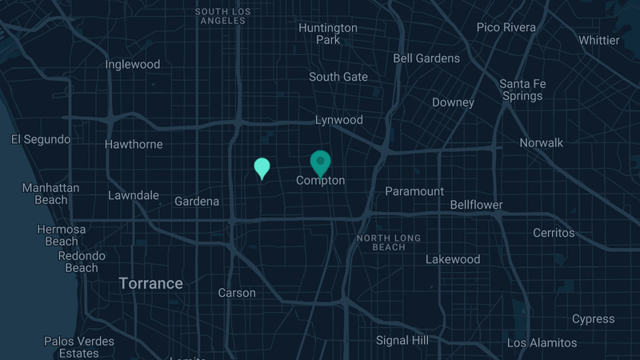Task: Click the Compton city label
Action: (321, 181)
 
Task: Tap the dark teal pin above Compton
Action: (321, 162)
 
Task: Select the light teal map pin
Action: (262, 168)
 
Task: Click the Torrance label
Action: (151, 283)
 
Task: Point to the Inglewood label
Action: (133, 64)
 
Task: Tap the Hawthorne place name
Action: (134, 145)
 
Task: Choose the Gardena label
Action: (197, 202)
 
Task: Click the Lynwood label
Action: (338, 120)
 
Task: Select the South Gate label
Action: (338, 77)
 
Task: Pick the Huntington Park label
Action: (328, 34)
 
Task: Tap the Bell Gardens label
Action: (426, 58)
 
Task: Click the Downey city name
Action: (454, 102)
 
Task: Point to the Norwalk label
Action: (542, 143)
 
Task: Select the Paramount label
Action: (414, 191)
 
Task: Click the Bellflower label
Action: (476, 205)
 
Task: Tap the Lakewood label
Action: (453, 259)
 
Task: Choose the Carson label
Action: (237, 293)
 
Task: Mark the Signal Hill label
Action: (402, 340)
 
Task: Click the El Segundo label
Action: (41, 139)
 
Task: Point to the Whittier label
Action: (599, 40)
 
